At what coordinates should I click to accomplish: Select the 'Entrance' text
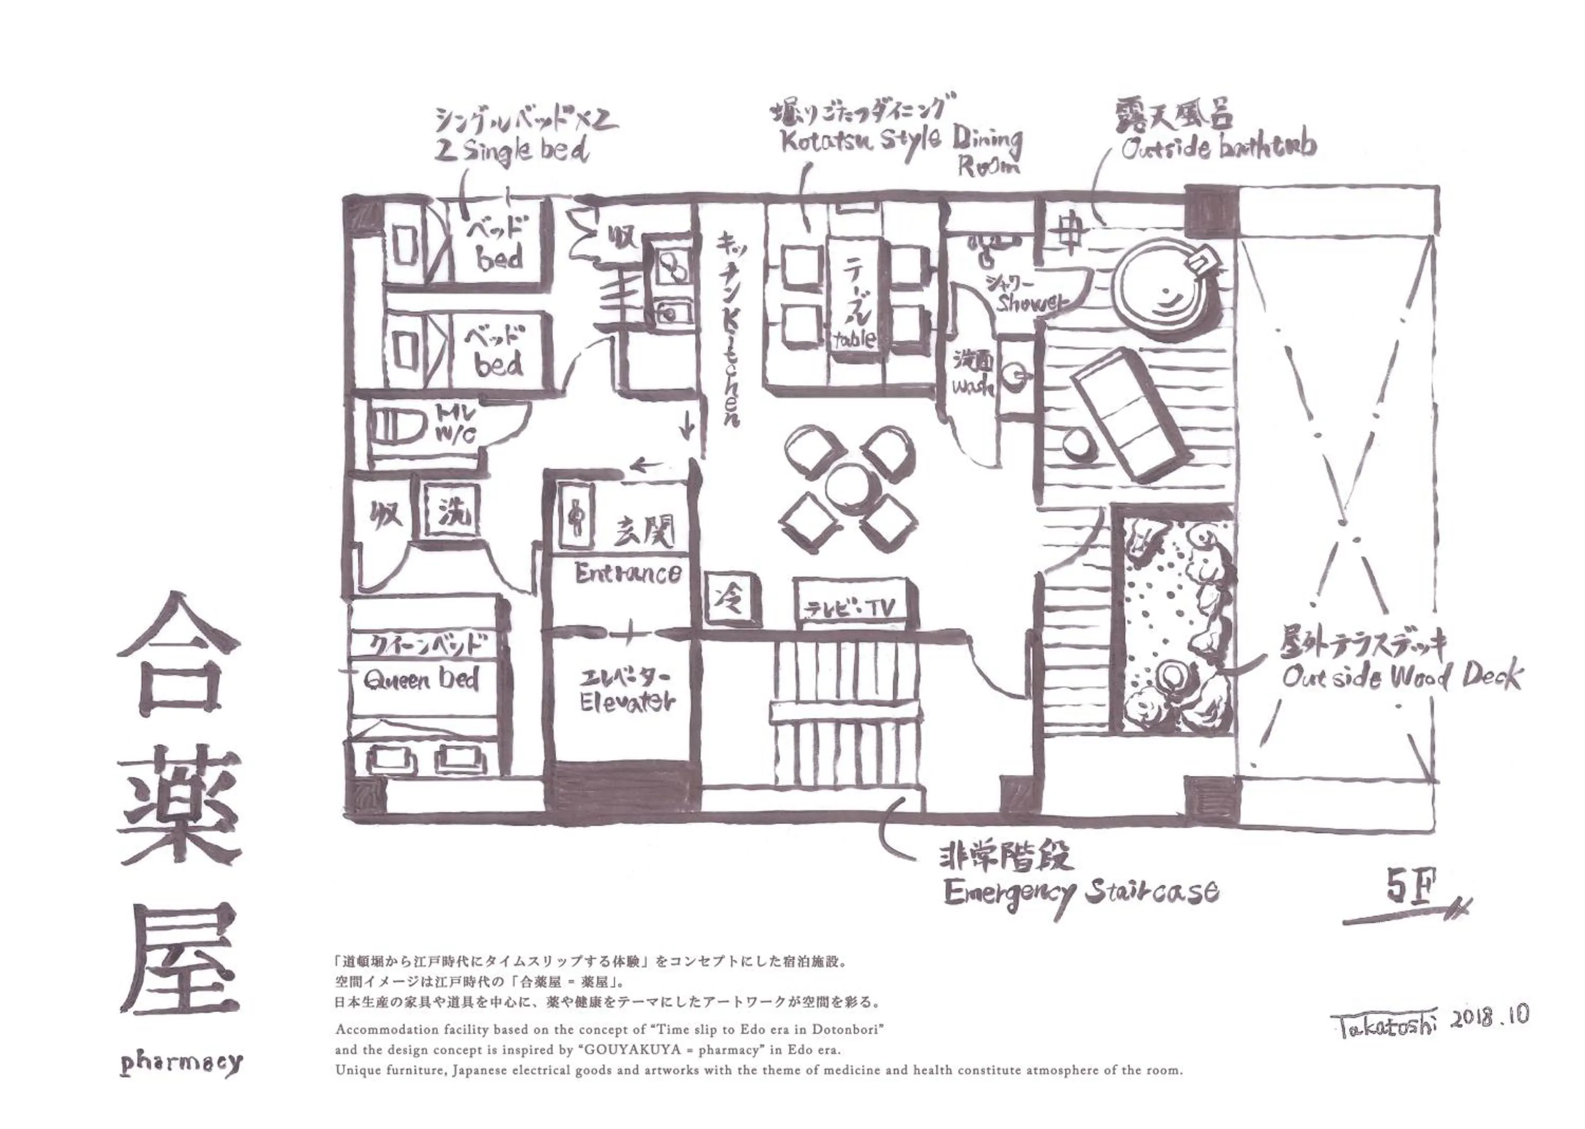coord(627,573)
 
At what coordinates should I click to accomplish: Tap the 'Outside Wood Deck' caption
coord(1401,676)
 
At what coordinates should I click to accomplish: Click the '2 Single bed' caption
coord(511,149)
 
